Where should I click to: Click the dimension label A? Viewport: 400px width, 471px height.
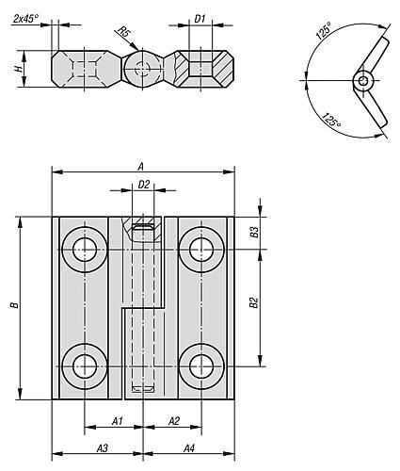(x=141, y=167)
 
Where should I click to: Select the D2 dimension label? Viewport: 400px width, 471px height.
(x=144, y=185)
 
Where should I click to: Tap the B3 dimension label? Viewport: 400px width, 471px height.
(x=254, y=232)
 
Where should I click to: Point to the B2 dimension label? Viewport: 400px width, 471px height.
(x=254, y=302)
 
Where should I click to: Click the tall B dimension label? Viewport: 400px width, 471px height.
(x=14, y=305)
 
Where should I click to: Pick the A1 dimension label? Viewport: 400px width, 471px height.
(x=118, y=421)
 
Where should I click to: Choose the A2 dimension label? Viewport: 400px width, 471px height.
(x=174, y=421)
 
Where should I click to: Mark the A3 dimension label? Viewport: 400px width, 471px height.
(x=102, y=448)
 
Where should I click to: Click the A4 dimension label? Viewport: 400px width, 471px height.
(x=189, y=448)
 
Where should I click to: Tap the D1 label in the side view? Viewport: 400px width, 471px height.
(x=200, y=19)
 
